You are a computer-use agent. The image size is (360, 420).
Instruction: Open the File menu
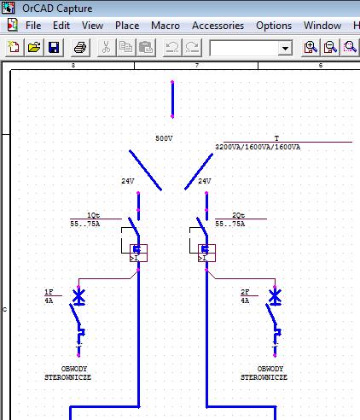(x=33, y=26)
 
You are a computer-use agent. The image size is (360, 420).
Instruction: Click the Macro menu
(x=165, y=26)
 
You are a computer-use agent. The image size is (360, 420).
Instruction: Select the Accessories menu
(x=218, y=26)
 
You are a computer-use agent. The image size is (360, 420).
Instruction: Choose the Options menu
(x=274, y=26)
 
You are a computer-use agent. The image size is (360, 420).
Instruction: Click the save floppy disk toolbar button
(x=54, y=47)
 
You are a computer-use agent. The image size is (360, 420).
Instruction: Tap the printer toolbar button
(x=80, y=47)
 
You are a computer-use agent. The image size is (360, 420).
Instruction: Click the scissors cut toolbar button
(x=106, y=47)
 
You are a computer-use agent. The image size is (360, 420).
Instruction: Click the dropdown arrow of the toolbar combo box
(x=285, y=48)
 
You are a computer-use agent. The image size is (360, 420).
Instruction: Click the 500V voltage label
(x=164, y=138)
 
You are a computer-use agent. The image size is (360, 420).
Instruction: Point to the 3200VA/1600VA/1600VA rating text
(x=258, y=147)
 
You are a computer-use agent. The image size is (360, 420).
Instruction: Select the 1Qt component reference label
(x=93, y=215)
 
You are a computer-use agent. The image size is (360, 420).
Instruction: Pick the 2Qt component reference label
(x=238, y=215)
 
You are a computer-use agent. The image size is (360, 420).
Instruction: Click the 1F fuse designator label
(x=49, y=292)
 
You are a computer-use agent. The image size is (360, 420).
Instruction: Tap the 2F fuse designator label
(x=245, y=292)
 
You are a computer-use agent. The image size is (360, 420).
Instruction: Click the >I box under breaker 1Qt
(x=138, y=253)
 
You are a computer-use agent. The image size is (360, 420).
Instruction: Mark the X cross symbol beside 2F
(x=275, y=296)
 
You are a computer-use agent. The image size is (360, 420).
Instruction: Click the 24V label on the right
(x=205, y=181)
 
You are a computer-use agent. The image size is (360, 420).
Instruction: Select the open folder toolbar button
(x=34, y=47)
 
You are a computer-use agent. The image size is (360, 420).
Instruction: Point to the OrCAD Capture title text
(x=57, y=9)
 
